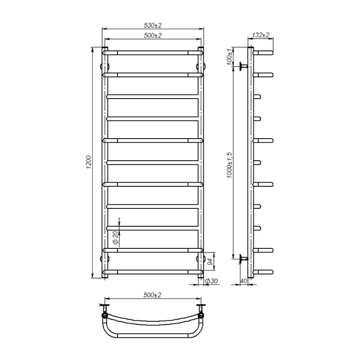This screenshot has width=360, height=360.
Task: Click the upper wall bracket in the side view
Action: (243, 66)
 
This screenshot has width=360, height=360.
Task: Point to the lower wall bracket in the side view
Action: (243, 258)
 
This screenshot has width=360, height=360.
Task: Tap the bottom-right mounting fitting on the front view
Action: (201, 260)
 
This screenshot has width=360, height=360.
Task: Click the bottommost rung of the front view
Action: (153, 271)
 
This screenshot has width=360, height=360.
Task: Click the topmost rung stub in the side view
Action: (263, 53)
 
